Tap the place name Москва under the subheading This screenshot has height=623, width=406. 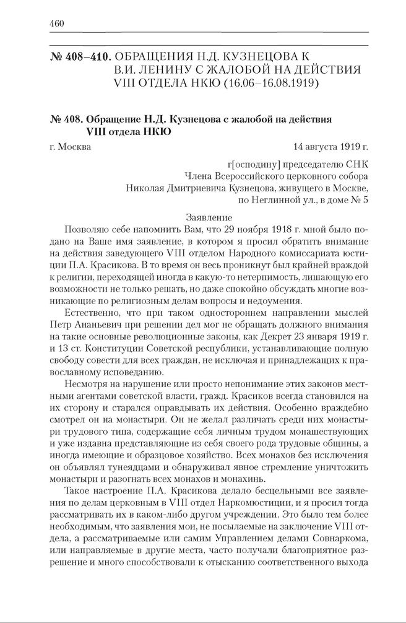(x=73, y=147)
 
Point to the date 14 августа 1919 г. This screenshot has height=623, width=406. (x=331, y=147)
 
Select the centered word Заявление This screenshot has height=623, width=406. (x=209, y=217)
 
